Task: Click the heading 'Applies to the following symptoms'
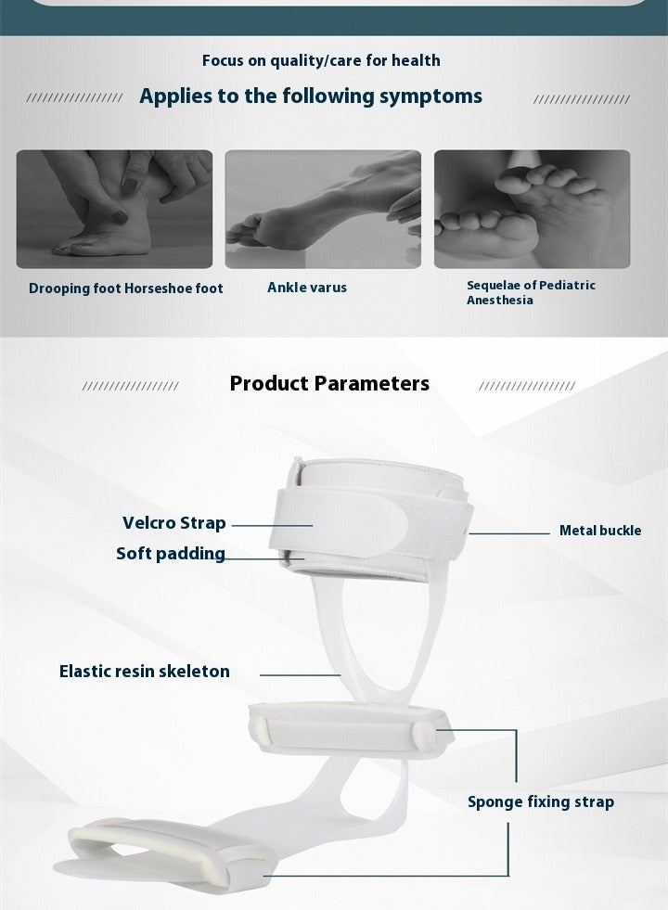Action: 311,96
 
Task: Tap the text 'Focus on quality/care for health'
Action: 321,60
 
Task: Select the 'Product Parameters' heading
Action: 329,383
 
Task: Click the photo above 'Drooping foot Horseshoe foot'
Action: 114,210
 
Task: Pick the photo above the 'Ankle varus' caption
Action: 323,210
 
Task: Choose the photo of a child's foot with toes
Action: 532,210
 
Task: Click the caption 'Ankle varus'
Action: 307,288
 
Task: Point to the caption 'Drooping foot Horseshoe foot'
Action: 126,288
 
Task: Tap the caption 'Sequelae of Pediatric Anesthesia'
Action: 531,292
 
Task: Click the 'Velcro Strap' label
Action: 174,523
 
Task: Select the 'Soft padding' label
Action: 171,554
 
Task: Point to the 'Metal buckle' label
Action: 600,531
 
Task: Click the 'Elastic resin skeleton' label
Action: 145,671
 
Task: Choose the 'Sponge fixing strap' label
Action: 541,801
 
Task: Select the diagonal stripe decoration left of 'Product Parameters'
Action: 130,386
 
